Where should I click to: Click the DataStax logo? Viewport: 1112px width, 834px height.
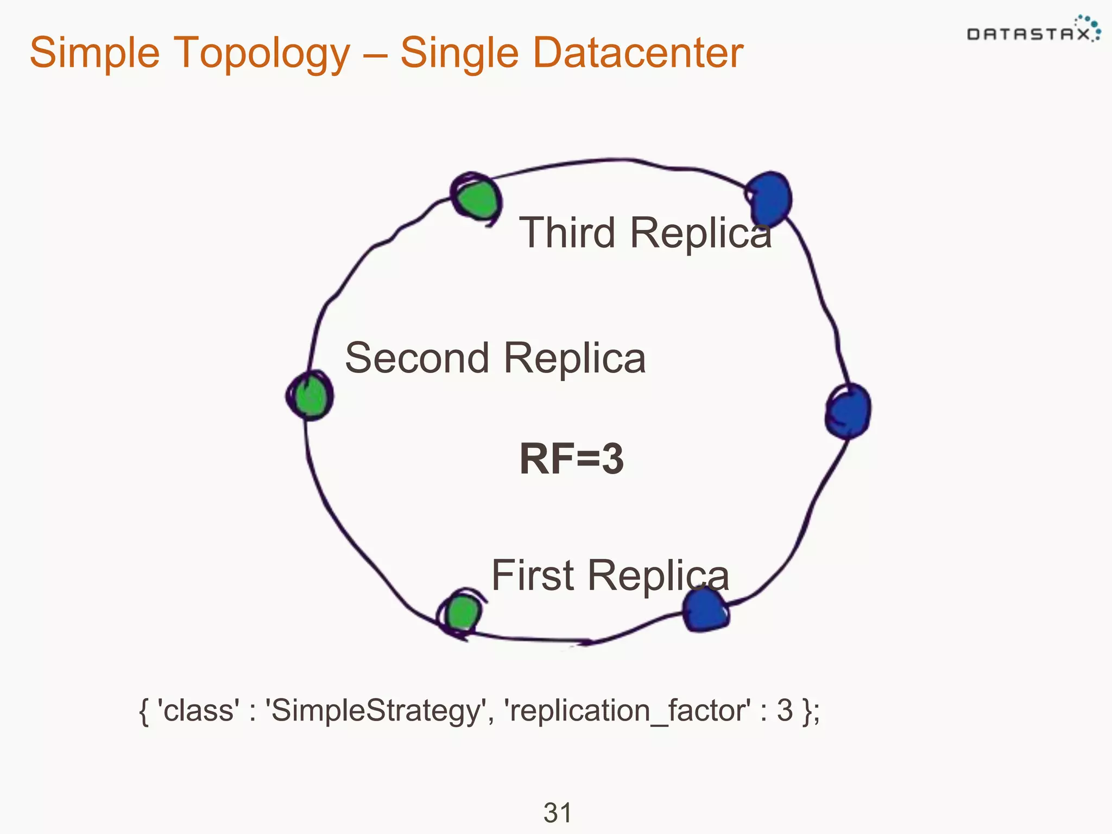1032,31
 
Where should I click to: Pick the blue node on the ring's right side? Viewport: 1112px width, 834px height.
849,411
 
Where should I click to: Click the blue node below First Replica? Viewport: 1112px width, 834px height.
705,611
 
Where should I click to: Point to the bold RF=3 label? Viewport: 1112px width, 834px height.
571,459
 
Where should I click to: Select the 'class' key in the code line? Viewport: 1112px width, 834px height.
198,711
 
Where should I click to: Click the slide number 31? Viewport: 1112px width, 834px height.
557,813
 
